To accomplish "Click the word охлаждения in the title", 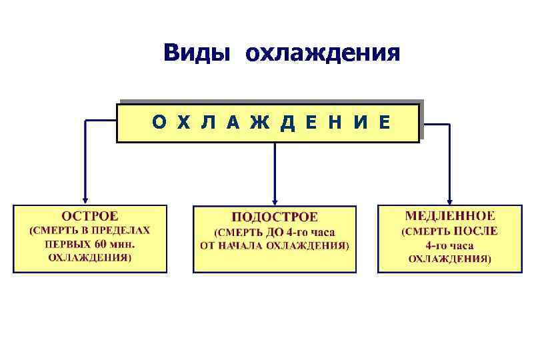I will pyautogui.click(x=323, y=54).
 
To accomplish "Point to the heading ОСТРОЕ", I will pyautogui.click(x=90, y=216).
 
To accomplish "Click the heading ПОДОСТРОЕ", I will pyautogui.click(x=275, y=217).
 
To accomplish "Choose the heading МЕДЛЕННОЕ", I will pyautogui.click(x=449, y=216).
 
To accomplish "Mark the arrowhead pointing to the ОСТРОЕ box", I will pyautogui.click(x=85, y=199).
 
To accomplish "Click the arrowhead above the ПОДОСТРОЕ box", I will pyautogui.click(x=275, y=200).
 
